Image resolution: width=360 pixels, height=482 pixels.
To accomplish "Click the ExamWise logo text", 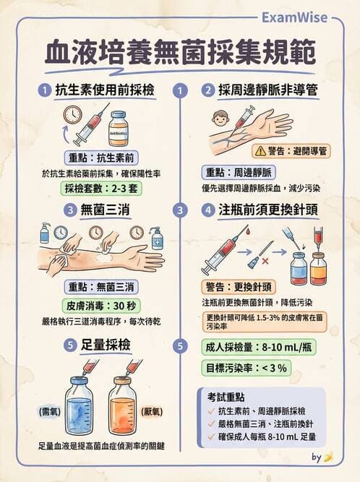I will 293,17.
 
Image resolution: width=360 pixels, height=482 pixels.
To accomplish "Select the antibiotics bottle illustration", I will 118,128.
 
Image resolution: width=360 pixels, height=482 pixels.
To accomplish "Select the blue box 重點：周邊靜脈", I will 239,171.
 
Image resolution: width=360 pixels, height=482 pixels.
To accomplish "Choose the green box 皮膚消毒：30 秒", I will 100,304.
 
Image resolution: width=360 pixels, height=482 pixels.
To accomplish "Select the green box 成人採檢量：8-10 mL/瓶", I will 258,346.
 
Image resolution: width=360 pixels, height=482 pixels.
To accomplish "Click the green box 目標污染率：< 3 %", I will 244,368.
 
